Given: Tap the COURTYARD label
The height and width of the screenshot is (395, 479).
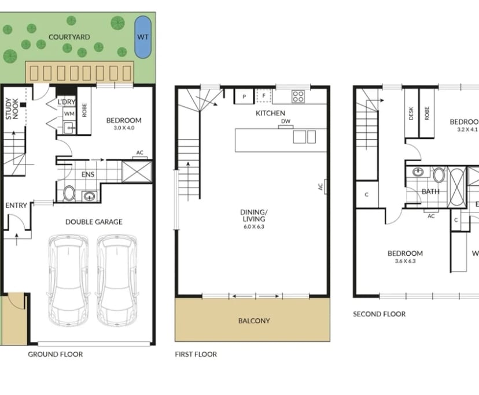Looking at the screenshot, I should [x=69, y=37].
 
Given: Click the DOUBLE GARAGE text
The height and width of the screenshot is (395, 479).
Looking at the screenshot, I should [x=94, y=222].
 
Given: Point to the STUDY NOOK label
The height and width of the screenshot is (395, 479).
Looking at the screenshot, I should [x=12, y=107].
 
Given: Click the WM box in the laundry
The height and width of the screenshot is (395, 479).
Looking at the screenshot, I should [x=69, y=114].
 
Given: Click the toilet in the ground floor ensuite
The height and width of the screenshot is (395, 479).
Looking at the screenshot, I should [x=69, y=193].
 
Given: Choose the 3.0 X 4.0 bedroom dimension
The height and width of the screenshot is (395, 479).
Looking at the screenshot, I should [x=124, y=128].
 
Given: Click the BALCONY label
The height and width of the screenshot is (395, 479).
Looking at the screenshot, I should [x=254, y=321].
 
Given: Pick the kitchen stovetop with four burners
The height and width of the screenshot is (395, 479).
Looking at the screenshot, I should [x=299, y=96].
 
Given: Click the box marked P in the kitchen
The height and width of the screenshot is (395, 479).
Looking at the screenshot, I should [x=244, y=96].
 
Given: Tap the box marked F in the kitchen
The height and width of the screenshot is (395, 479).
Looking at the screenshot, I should [x=263, y=96].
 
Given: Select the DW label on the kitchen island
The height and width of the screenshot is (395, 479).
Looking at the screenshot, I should [x=286, y=122].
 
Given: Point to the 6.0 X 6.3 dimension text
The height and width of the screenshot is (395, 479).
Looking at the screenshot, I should [x=253, y=226].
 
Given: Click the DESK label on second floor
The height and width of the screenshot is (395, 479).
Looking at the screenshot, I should [x=411, y=113].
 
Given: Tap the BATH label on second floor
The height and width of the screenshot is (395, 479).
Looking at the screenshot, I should [x=430, y=191].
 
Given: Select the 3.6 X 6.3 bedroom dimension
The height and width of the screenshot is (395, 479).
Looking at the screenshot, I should [x=405, y=261].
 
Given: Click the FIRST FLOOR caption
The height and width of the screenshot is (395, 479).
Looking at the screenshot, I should [x=196, y=354].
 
